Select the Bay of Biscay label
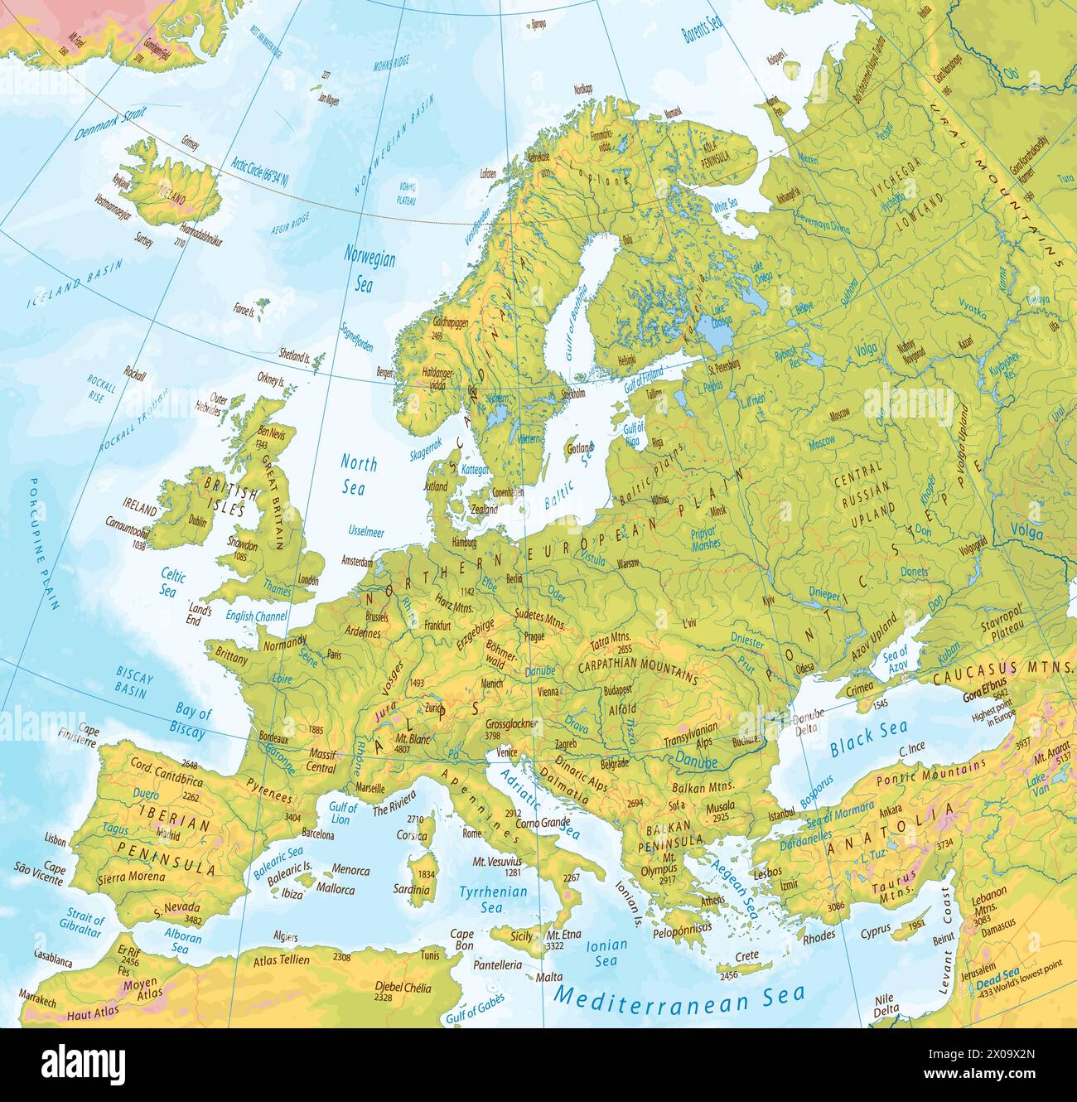click(x=190, y=722)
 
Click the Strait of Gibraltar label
click(x=82, y=925)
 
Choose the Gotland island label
click(x=578, y=448)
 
